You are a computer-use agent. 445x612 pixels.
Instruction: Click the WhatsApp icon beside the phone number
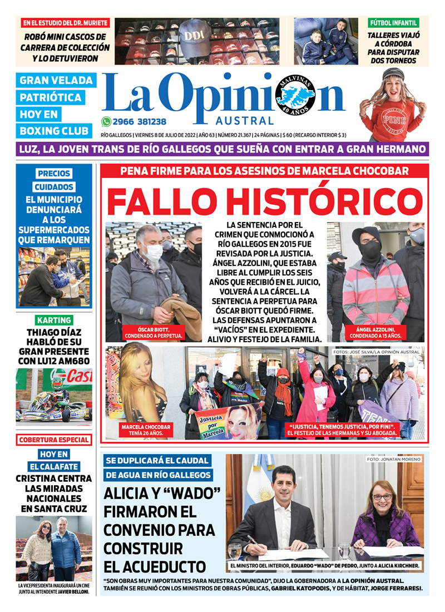pyautogui.click(x=106, y=122)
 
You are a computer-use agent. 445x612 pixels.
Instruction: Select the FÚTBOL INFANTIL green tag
pyautogui.click(x=393, y=23)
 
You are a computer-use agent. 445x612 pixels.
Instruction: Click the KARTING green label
pyautogui.click(x=54, y=320)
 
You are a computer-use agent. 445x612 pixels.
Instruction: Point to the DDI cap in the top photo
pyautogui.click(x=195, y=36)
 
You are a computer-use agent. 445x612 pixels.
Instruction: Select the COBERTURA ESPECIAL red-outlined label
pyautogui.click(x=54, y=440)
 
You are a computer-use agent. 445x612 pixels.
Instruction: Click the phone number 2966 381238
pyautogui.click(x=139, y=122)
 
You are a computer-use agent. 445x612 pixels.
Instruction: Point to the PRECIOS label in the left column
pyautogui.click(x=54, y=174)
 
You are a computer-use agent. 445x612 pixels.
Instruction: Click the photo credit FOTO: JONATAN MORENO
pyautogui.click(x=394, y=459)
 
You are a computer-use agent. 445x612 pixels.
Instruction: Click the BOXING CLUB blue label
pyautogui.click(x=54, y=131)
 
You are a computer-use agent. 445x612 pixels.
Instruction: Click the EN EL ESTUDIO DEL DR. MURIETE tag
pyautogui.click(x=66, y=23)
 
